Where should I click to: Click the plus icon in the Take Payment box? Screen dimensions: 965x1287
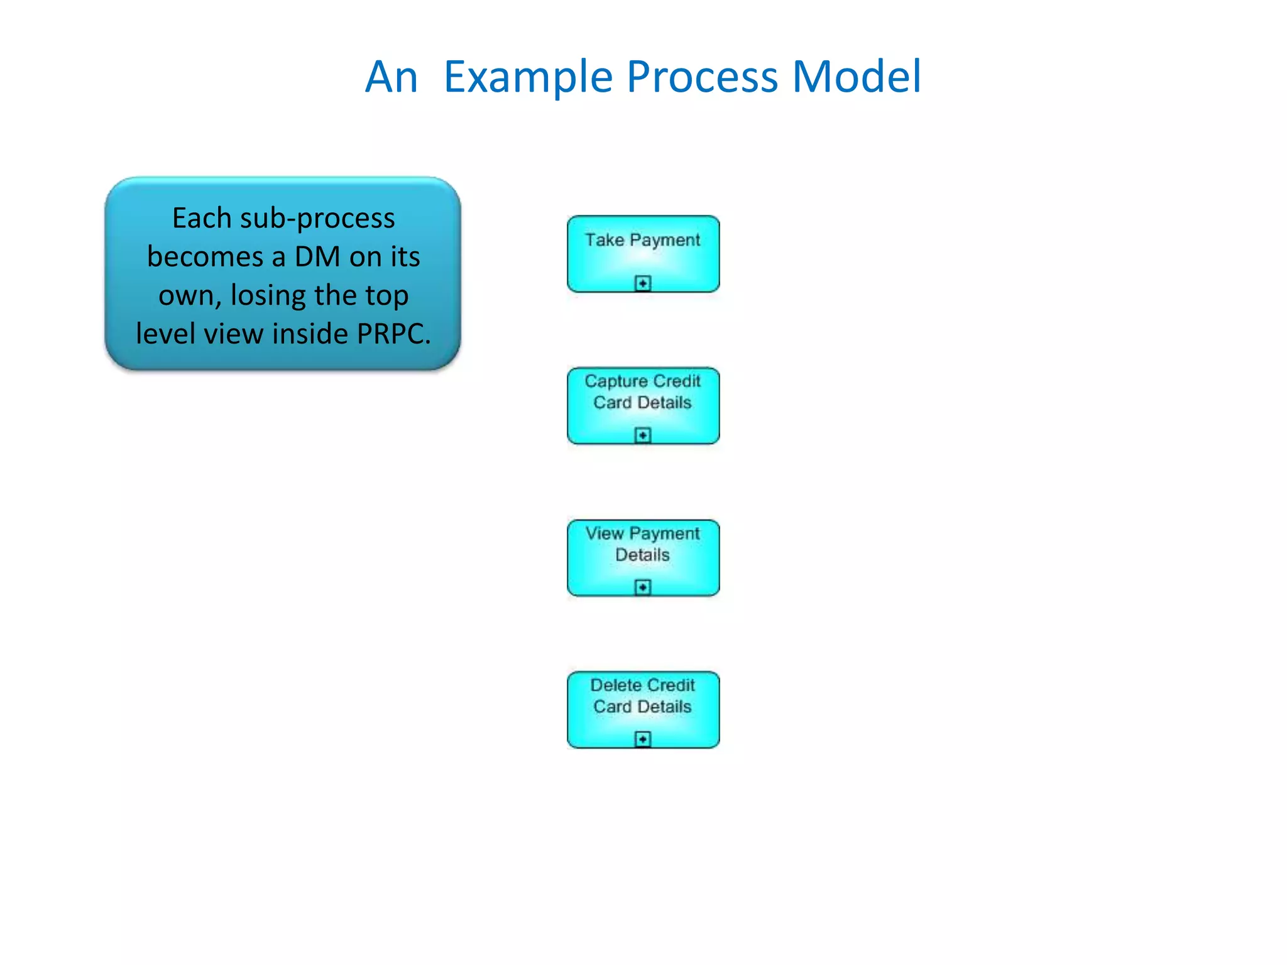tap(642, 283)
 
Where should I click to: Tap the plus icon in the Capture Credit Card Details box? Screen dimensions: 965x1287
tap(642, 435)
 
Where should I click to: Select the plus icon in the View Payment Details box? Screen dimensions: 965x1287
tap(642, 587)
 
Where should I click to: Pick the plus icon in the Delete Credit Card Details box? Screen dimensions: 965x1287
tap(642, 739)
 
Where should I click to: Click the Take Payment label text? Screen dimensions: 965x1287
tap(642, 240)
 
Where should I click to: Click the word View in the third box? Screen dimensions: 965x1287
tap(604, 533)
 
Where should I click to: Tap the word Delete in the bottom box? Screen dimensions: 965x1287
tap(616, 685)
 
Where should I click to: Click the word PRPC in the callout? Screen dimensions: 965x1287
tap(393, 334)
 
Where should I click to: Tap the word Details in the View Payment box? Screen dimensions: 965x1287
tap(642, 555)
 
